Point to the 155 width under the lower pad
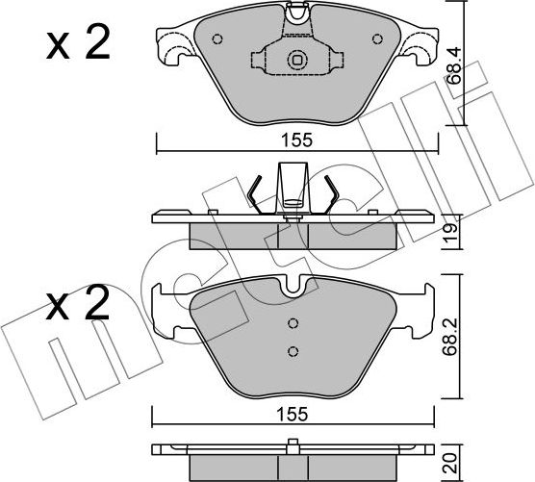coord(295,414)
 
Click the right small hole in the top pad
coord(376,40)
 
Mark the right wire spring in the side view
coord(330,197)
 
